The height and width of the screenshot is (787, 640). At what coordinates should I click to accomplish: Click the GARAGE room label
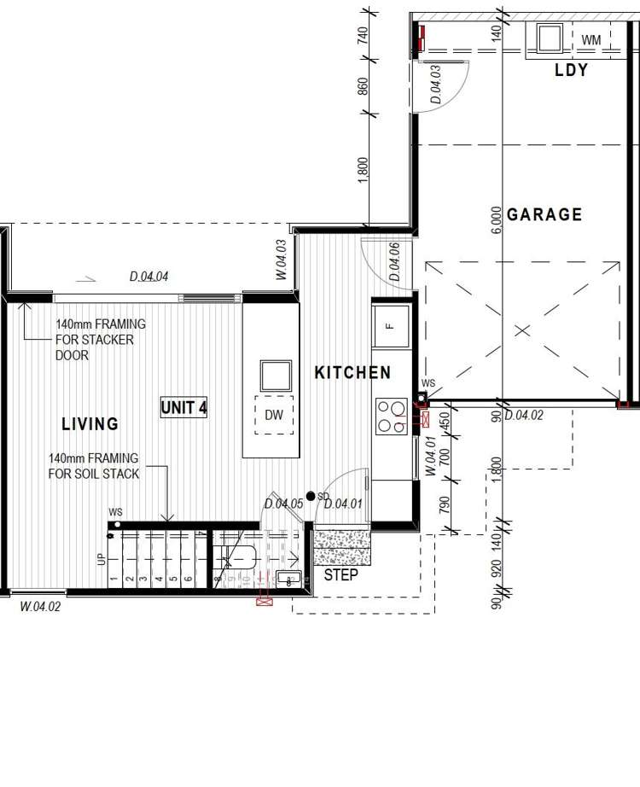(544, 214)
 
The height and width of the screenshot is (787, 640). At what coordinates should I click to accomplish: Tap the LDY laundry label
(571, 71)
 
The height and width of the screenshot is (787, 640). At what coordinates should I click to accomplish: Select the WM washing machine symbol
(591, 40)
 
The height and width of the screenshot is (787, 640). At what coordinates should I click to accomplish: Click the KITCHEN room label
(352, 373)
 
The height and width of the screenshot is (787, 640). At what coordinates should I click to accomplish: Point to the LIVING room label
(90, 424)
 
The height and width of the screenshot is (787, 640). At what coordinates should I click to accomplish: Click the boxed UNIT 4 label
(183, 408)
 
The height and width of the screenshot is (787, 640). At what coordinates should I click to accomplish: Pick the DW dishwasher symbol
(273, 416)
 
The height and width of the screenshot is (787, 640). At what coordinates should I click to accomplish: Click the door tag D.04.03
(436, 84)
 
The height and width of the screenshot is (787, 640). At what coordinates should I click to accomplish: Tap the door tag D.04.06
(394, 262)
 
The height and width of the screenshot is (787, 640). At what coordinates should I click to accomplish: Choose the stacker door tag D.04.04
(149, 277)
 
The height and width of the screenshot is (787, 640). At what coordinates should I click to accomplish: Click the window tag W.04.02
(40, 606)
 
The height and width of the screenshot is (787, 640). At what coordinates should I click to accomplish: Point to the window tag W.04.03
(281, 259)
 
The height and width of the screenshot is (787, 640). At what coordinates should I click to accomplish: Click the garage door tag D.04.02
(524, 416)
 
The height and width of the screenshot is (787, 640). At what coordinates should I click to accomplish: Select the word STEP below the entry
(340, 574)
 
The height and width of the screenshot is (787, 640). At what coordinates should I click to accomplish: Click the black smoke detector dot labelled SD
(311, 496)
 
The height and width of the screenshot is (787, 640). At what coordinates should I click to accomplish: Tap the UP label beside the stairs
(101, 560)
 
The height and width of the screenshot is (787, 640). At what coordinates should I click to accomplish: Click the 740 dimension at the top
(363, 35)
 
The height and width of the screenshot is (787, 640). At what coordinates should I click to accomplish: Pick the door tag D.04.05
(283, 504)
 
